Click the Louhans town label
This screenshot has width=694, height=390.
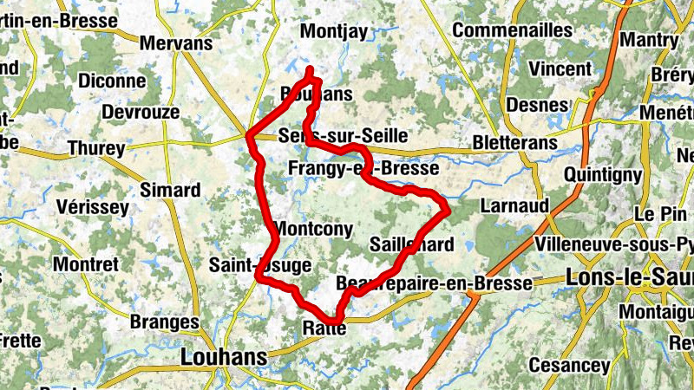coord(222,357)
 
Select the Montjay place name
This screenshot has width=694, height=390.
coord(334,31)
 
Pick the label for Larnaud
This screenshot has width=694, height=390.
coord(514,205)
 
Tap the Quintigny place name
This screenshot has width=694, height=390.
coord(603,174)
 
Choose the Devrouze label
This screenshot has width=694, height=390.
coord(141,112)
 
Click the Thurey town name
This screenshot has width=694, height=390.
coord(96,149)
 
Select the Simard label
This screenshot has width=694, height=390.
coord(170,190)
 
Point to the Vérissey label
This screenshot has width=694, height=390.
coord(91,207)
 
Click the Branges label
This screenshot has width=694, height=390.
coord(164,322)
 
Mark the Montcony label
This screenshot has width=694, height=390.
coord(313,229)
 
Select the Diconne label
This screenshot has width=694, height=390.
coord(112,81)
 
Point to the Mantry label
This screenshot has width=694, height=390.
coord(650,40)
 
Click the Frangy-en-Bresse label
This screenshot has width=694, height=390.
coord(363,167)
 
